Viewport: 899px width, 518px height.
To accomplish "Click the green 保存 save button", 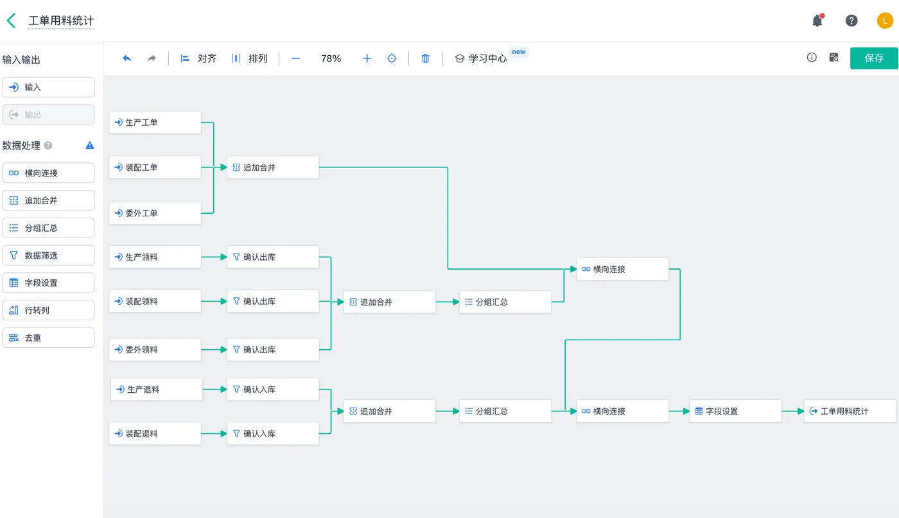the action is (x=874, y=58).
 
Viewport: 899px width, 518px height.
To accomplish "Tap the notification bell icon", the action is (x=817, y=21).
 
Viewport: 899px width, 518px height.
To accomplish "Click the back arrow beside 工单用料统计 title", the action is (x=12, y=21).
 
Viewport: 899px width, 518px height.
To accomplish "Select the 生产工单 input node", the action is (x=155, y=123).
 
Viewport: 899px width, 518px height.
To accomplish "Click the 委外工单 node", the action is (x=155, y=213).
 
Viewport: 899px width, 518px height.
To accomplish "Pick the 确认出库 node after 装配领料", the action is (x=273, y=301).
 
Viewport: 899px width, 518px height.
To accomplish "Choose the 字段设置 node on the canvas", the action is (x=735, y=411).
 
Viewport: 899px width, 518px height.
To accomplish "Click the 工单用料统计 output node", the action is (x=850, y=411).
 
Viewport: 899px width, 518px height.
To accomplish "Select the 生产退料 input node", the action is (x=157, y=389).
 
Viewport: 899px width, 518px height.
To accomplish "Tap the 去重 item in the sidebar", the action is (x=48, y=338).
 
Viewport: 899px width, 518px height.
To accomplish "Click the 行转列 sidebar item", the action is (x=48, y=310).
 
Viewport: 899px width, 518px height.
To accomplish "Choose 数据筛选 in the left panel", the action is (x=48, y=255).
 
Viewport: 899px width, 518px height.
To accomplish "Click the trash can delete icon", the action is (x=425, y=58).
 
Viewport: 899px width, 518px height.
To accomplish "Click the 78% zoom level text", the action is (x=331, y=58).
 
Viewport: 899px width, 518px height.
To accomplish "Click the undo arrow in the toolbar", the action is (x=127, y=58).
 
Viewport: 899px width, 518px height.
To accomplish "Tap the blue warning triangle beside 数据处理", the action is (x=90, y=145).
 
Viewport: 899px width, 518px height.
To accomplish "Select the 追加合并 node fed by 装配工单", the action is (x=273, y=168).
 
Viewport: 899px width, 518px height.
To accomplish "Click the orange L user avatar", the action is (x=885, y=21).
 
